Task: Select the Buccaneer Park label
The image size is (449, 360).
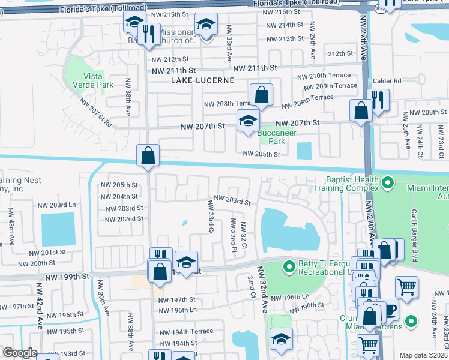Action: [x=271, y=137]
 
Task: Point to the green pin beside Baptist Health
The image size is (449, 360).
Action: [x=388, y=180]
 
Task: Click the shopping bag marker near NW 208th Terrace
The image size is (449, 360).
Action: [x=261, y=95]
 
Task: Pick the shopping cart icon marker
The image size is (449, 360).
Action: [x=407, y=288]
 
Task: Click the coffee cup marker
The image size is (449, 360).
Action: [x=390, y=310]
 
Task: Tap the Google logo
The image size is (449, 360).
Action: [x=20, y=353]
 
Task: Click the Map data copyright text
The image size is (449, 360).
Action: [x=423, y=355]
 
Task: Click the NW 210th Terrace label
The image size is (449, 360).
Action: [x=324, y=76]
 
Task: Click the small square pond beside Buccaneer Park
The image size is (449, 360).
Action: [x=304, y=150]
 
